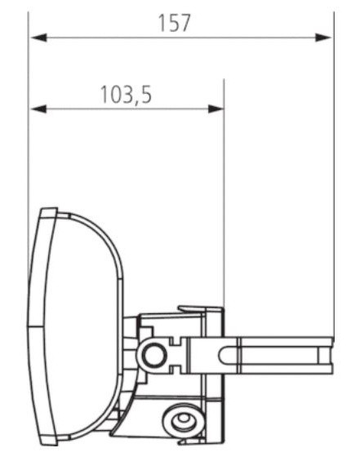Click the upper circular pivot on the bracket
(151, 354)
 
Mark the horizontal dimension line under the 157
(245, 38)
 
